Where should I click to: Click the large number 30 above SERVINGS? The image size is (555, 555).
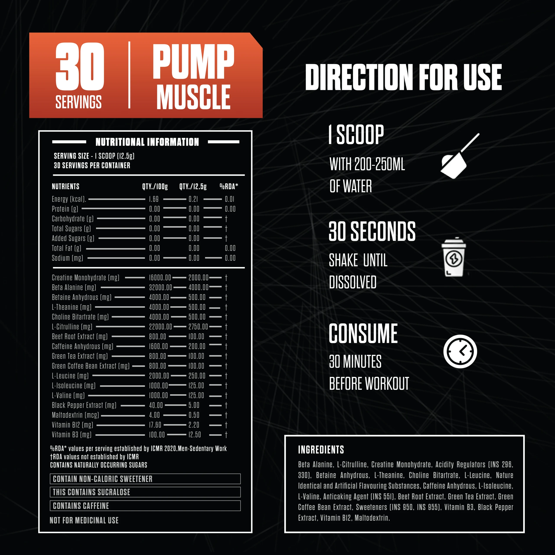point(80,66)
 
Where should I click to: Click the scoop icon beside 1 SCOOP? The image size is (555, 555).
point(460,156)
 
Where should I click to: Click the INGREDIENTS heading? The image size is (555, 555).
point(321,450)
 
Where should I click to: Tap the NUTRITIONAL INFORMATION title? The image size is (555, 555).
point(147,142)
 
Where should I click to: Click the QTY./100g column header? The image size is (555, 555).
point(155,186)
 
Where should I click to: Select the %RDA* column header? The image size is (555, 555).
point(229,186)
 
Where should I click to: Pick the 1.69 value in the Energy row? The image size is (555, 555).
point(154,199)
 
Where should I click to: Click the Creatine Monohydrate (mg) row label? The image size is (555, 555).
point(85,278)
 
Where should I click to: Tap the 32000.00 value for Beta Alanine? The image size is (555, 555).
point(160,287)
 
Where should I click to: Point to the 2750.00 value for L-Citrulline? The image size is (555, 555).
point(198,327)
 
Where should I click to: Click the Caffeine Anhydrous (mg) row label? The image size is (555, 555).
point(82,346)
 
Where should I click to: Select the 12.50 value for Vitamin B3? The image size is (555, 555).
point(194,435)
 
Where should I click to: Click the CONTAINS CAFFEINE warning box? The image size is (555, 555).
point(145,506)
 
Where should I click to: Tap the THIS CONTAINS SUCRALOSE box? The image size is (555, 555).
point(145,492)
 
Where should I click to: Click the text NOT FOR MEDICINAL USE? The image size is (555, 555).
point(84,520)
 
